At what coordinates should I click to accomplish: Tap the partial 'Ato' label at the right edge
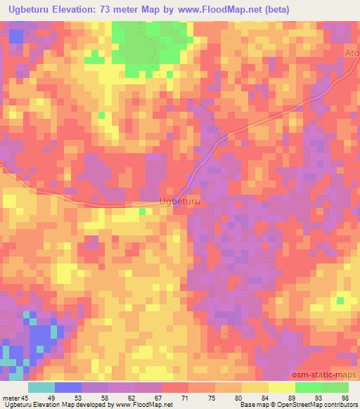click(x=352, y=53)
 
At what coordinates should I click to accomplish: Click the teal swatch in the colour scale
click(x=41, y=387)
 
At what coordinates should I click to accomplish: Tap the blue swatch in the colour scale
click(x=68, y=387)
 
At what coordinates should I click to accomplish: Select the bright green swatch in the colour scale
click(x=309, y=387)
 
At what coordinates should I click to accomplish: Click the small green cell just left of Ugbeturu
click(x=143, y=210)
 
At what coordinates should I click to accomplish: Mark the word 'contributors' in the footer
click(x=339, y=405)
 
